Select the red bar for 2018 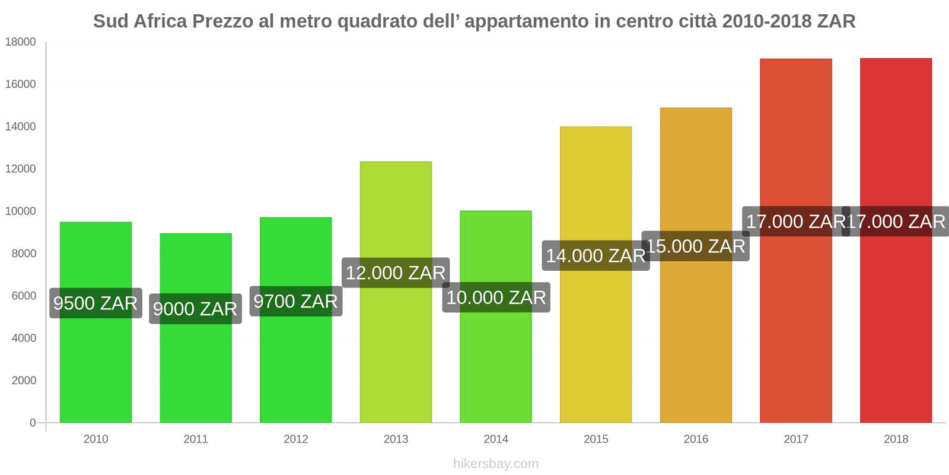tap(896, 332)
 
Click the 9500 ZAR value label tap(95, 303)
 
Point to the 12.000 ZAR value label tap(396, 273)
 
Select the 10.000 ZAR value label tap(496, 297)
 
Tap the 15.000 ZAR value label tap(695, 246)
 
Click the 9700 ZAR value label tap(295, 302)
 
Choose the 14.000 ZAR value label tap(595, 256)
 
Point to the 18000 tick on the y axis tap(21, 42)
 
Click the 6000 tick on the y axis tap(24, 296)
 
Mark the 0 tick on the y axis tap(33, 423)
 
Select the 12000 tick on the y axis tap(21, 169)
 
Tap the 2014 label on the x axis tap(496, 439)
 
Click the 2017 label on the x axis tap(795, 439)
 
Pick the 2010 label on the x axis tap(95, 439)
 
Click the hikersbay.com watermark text tap(496, 464)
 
